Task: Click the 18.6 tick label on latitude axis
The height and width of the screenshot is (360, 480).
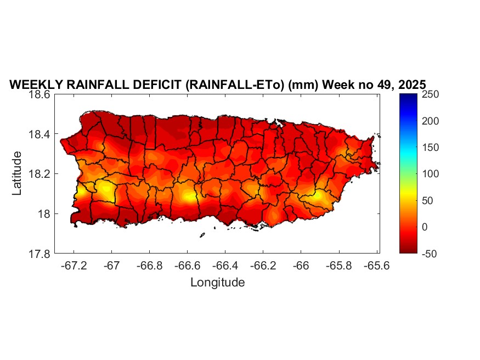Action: [39, 94]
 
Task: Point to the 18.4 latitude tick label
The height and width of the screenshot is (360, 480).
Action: [39, 134]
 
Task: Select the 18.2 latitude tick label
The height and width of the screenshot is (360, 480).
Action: [39, 174]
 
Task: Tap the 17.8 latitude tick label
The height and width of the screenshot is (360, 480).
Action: [39, 254]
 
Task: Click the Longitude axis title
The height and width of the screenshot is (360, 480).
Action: [217, 283]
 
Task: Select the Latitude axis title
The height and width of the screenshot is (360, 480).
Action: [18, 173]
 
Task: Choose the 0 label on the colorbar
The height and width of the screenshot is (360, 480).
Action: [425, 227]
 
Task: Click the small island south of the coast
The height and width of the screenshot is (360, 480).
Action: [202, 235]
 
